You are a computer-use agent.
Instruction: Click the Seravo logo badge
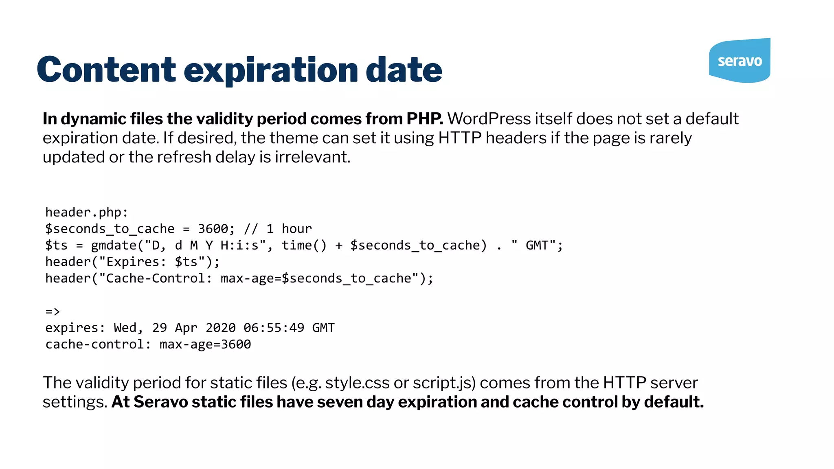(x=740, y=61)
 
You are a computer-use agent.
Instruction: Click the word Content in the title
(x=106, y=70)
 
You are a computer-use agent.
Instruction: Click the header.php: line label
(x=86, y=212)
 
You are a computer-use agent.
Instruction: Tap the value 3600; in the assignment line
(x=216, y=229)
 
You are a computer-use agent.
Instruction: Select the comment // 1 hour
(x=278, y=229)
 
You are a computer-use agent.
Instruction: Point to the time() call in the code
(x=304, y=245)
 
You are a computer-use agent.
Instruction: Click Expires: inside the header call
(x=136, y=262)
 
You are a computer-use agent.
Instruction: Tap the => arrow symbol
(x=53, y=312)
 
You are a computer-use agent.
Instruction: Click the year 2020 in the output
(x=220, y=328)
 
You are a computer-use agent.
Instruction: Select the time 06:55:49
(x=274, y=328)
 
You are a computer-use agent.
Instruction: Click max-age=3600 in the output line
(x=205, y=344)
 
